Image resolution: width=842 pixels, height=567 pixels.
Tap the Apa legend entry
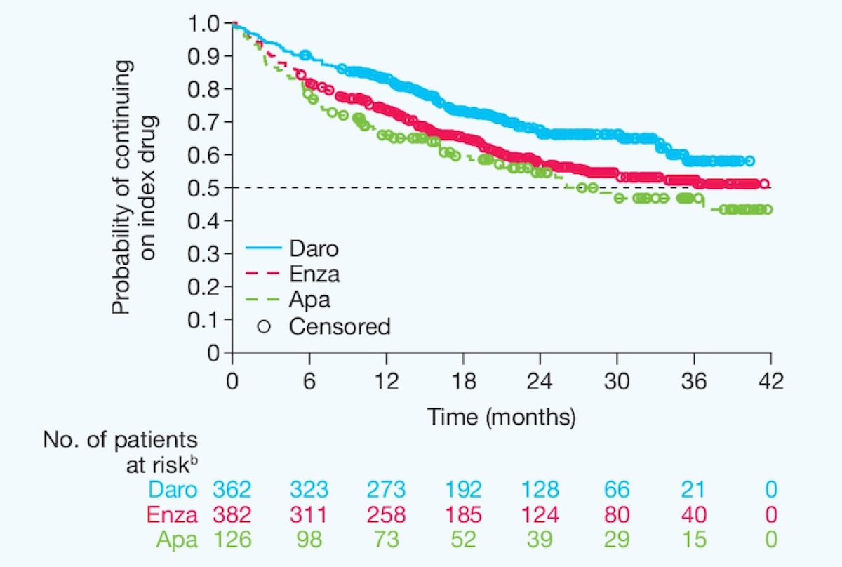pyautogui.click(x=309, y=300)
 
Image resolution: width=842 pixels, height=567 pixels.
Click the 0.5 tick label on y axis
pyautogui.click(x=203, y=188)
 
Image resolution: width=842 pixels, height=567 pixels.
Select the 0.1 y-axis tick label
pyautogui.click(x=203, y=319)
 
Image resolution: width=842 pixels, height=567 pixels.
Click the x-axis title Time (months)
pyautogui.click(x=502, y=417)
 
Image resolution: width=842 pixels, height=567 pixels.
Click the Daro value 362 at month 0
pyautogui.click(x=232, y=490)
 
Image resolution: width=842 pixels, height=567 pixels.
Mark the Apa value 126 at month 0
pyautogui.click(x=232, y=540)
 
